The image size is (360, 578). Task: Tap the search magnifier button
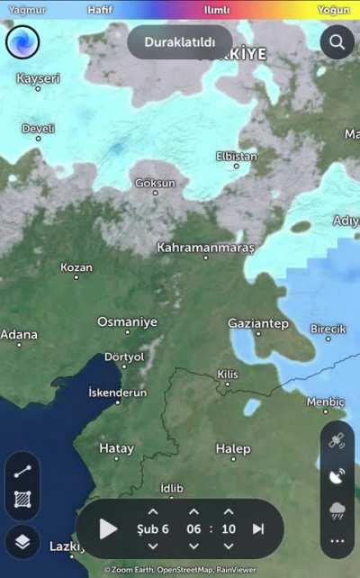337,41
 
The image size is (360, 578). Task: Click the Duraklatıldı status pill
180,42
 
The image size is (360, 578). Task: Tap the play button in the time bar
108,528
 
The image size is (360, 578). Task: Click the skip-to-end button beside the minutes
258,528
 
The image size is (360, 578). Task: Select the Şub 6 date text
152,528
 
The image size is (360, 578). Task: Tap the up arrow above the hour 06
193,511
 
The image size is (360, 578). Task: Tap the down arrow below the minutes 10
229,546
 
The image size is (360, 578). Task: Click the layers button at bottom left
22,541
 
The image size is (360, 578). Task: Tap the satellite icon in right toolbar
337,441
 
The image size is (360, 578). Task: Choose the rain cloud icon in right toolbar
337,511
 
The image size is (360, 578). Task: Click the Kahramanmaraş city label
206,247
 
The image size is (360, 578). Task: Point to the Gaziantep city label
257,323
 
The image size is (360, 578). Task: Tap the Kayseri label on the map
39,78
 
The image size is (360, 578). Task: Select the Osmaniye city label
127,321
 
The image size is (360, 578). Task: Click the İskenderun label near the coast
117,393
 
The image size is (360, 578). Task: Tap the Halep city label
233,448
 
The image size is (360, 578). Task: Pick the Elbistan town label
236,156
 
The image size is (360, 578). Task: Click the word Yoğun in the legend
333,9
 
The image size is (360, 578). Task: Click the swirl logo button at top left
22,42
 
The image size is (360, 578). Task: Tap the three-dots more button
337,542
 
